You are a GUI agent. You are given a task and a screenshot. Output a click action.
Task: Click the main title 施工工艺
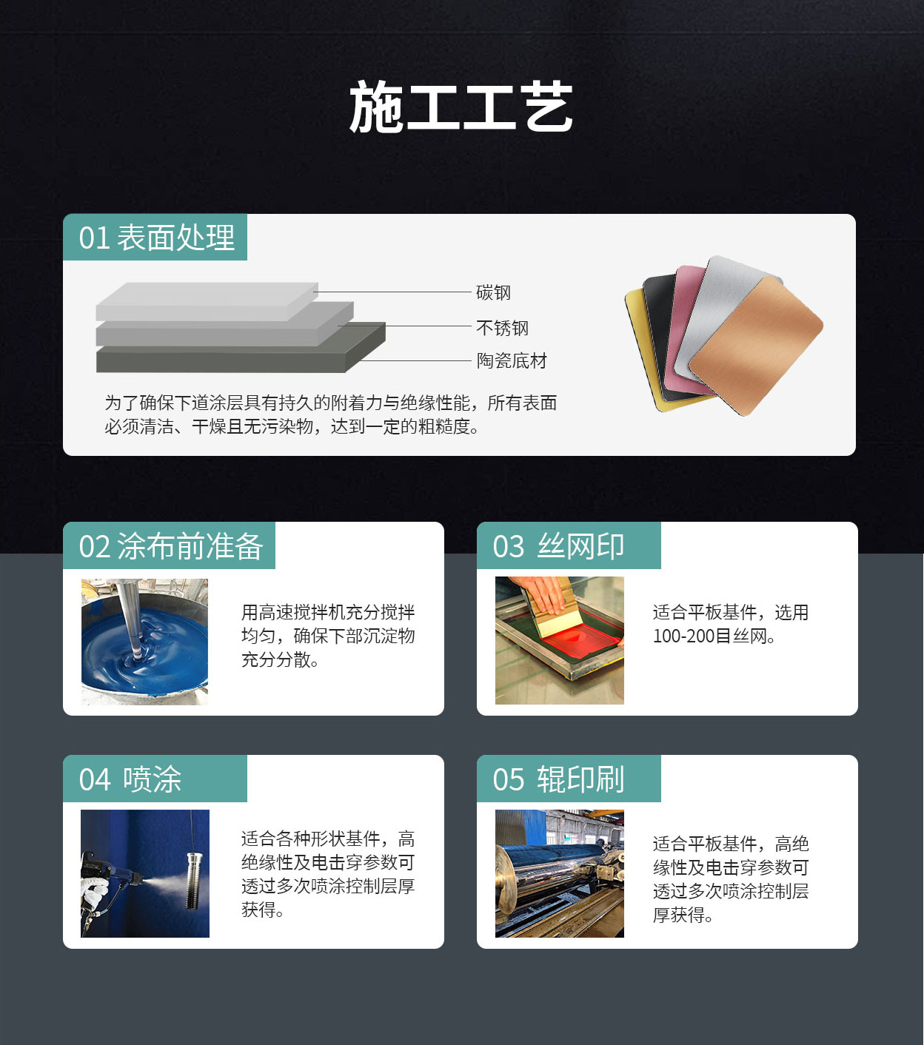(461, 107)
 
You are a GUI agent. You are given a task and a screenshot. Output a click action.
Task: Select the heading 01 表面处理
(157, 238)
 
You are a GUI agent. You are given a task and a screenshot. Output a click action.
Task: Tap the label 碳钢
(493, 292)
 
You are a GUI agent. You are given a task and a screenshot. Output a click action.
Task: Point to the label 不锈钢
(502, 328)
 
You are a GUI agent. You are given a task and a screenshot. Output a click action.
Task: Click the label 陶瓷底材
(512, 361)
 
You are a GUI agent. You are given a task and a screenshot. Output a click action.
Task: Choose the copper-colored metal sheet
(757, 346)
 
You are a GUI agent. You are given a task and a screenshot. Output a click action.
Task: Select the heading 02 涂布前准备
(171, 546)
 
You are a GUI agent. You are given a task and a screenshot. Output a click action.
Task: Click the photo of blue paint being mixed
(144, 641)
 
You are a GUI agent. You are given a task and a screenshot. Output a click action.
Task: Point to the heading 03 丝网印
(558, 546)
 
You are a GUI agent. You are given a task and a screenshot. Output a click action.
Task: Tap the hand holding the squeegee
(542, 593)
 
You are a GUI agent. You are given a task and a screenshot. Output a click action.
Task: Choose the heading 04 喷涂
(130, 779)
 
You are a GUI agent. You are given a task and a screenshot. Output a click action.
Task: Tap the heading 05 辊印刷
(558, 779)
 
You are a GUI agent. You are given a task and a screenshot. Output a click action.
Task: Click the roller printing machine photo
(559, 873)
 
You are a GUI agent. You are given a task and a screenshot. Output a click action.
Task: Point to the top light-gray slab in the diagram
(207, 300)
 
